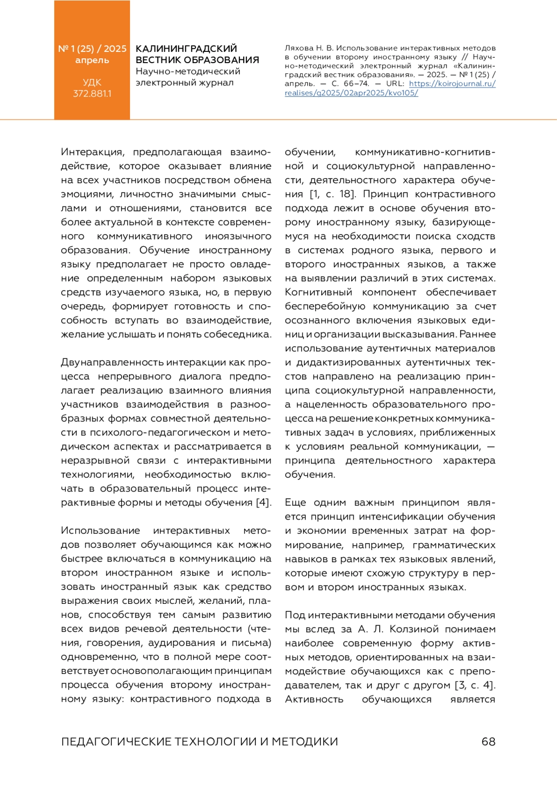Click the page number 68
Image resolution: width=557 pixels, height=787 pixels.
[488, 742]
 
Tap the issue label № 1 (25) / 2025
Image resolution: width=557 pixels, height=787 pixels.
[92, 49]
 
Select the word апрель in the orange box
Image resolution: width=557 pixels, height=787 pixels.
[92, 60]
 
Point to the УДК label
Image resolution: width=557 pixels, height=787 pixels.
[92, 83]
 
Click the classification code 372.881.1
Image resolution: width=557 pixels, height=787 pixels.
[92, 94]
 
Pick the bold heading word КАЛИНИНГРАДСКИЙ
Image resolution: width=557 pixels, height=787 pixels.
[186, 49]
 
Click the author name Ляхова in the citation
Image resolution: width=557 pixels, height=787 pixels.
[299, 48]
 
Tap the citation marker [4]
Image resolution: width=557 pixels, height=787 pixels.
[263, 503]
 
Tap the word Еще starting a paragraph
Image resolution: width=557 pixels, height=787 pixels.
[295, 503]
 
